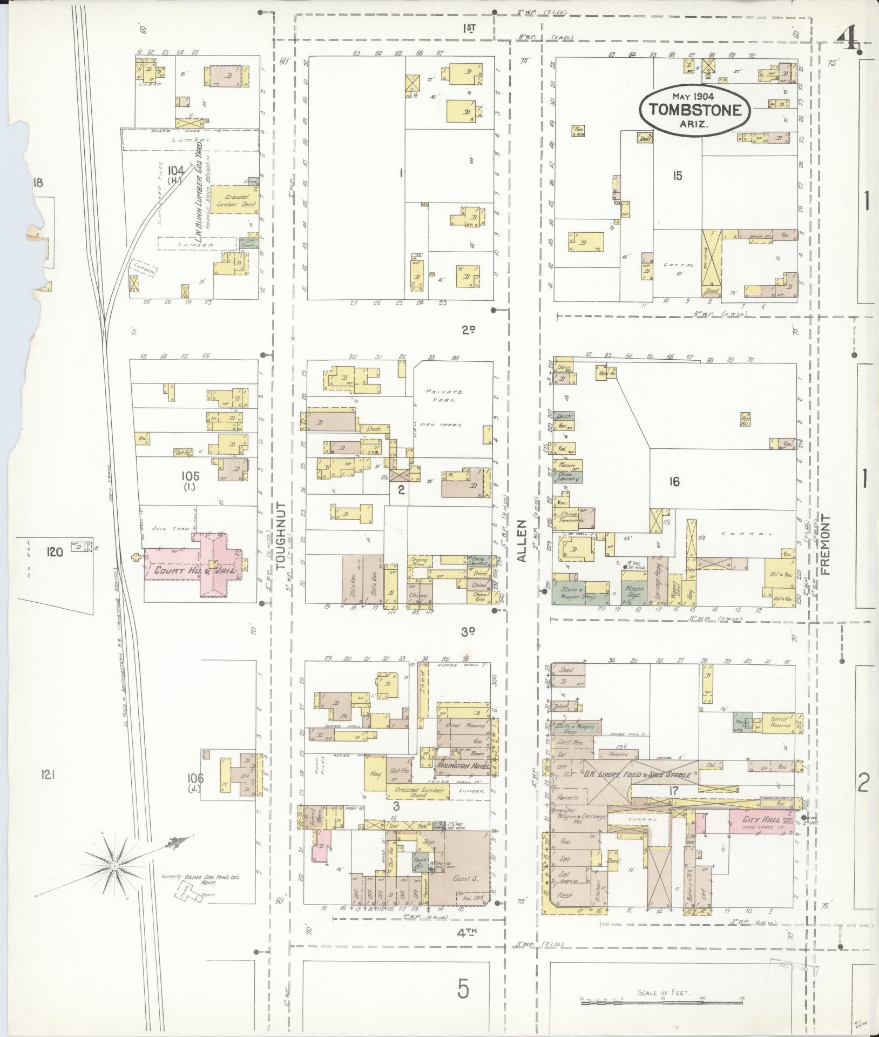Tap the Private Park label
(440, 395)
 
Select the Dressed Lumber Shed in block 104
(233, 201)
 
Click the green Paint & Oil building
(420, 862)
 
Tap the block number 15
(677, 176)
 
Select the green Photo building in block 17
(741, 721)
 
